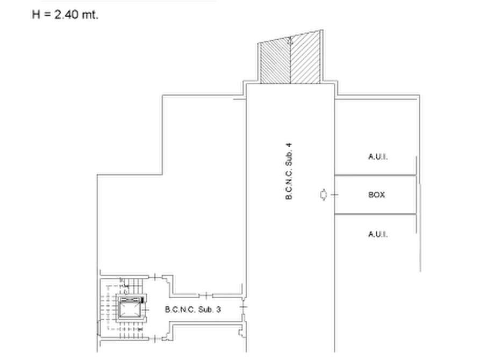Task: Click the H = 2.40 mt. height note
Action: pyautogui.click(x=65, y=15)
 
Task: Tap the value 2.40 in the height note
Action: pyautogui.click(x=67, y=15)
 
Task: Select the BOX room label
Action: pyautogui.click(x=377, y=195)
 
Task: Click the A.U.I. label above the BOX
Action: pyautogui.click(x=378, y=157)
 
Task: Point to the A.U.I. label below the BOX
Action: pyautogui.click(x=378, y=234)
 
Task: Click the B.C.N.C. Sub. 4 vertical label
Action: pyautogui.click(x=289, y=171)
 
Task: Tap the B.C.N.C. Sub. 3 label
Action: pyautogui.click(x=193, y=309)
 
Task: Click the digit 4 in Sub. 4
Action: pyautogui.click(x=289, y=145)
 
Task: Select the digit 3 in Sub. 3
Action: pyautogui.click(x=218, y=309)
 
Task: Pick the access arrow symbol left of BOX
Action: pyautogui.click(x=323, y=195)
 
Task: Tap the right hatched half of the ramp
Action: pyautogui.click(x=305, y=57)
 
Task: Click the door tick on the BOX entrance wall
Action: pyautogui.click(x=334, y=195)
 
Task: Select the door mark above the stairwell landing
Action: pyautogui.click(x=155, y=277)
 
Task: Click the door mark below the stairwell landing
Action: pyautogui.click(x=155, y=339)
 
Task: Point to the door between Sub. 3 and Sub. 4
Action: pyautogui.click(x=243, y=307)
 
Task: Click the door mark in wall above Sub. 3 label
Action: pyautogui.click(x=206, y=296)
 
